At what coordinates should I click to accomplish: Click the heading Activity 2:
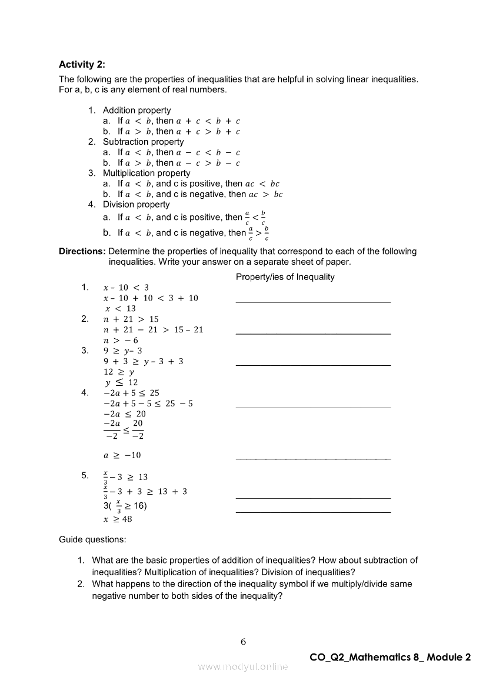click(82, 65)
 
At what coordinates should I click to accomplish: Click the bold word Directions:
click(82, 251)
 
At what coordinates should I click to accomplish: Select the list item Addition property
click(137, 111)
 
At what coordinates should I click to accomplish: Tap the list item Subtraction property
click(143, 142)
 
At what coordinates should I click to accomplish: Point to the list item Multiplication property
click(147, 173)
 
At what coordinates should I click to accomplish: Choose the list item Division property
click(136, 205)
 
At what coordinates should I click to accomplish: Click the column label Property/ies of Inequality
click(285, 277)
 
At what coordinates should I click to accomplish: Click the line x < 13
click(121, 308)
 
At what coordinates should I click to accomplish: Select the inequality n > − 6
click(121, 340)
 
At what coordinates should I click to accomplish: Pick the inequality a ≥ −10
click(122, 455)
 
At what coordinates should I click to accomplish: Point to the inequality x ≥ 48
click(118, 519)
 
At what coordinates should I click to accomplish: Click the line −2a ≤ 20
click(124, 414)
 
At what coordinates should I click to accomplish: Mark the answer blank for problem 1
click(312, 301)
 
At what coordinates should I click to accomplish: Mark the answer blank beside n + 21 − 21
click(312, 333)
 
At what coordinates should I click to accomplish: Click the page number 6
click(243, 642)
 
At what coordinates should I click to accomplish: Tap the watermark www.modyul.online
click(243, 667)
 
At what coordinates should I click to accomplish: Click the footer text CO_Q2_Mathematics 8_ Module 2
click(390, 658)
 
